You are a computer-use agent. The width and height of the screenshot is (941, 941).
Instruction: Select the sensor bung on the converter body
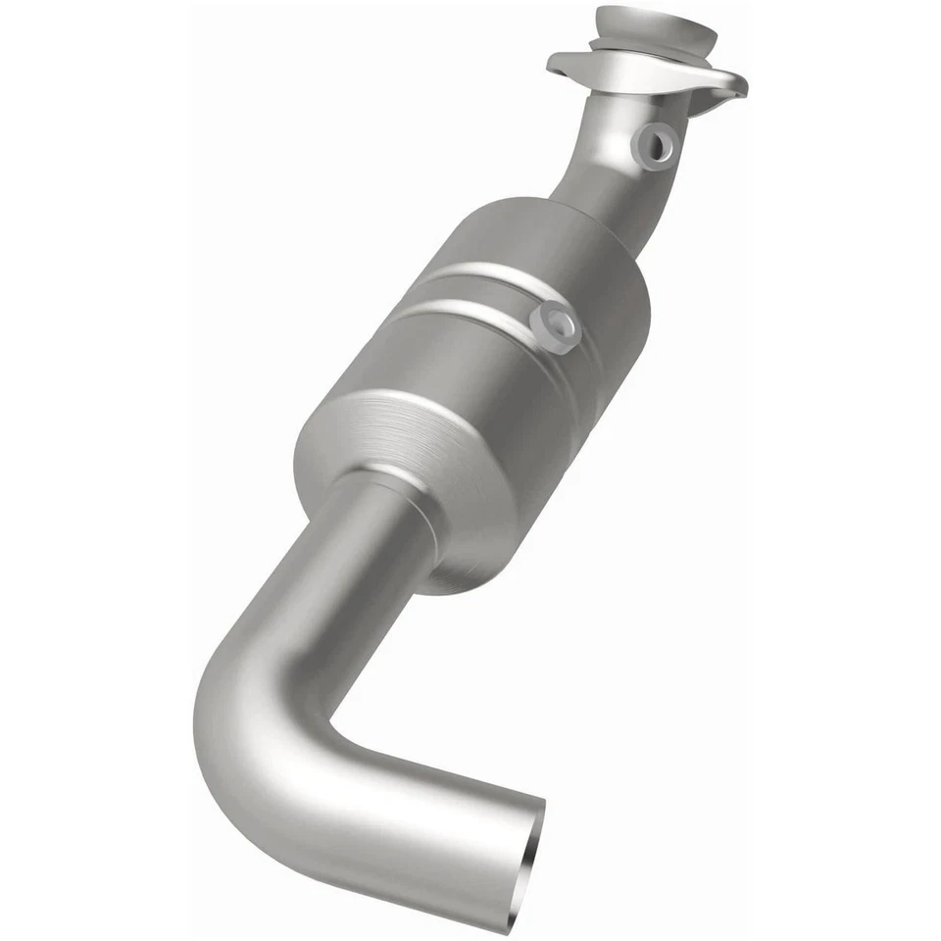pyautogui.click(x=554, y=326)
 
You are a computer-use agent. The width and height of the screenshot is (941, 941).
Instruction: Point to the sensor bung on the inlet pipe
pyautogui.click(x=656, y=144)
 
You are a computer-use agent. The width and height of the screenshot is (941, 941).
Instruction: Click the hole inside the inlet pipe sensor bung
pyautogui.click(x=659, y=144)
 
